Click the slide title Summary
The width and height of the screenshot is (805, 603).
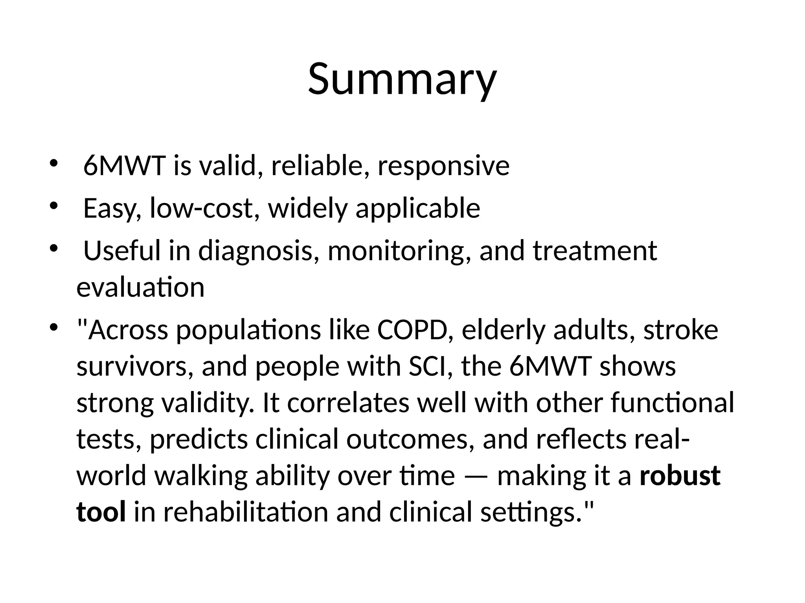(x=402, y=80)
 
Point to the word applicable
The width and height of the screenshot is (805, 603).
(x=418, y=209)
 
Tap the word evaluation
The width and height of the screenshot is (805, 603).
(x=140, y=288)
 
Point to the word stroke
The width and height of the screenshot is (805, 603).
(x=680, y=330)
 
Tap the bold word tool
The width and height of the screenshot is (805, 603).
(x=101, y=513)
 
